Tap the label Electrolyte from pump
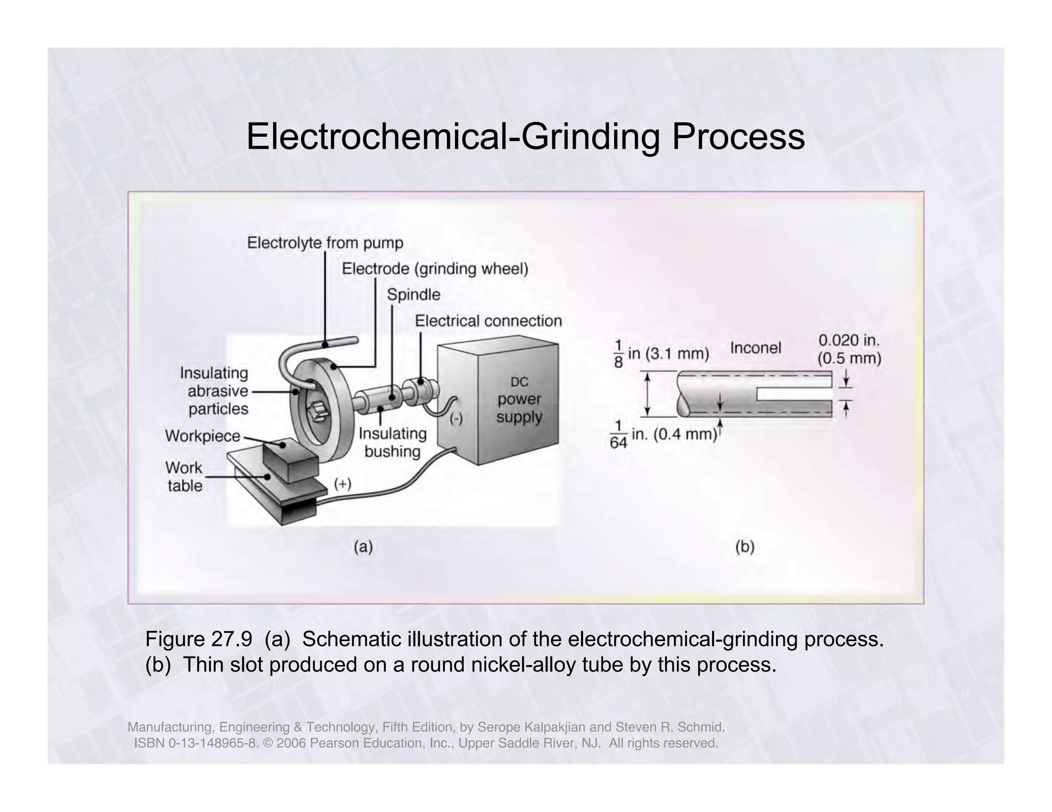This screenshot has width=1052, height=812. click(325, 243)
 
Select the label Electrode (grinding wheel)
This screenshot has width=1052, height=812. click(435, 269)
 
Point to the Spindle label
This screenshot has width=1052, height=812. click(413, 295)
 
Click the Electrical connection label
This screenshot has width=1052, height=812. click(488, 321)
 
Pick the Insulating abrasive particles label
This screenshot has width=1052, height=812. click(216, 391)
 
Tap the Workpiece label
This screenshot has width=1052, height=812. click(202, 436)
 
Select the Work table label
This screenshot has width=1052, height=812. click(184, 476)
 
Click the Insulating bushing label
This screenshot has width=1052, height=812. click(392, 442)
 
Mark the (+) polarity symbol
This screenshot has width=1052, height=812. click(343, 484)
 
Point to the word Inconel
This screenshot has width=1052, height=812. click(755, 348)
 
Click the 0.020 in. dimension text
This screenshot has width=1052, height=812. click(849, 340)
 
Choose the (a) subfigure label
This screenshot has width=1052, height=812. click(363, 547)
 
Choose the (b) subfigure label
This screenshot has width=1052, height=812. click(744, 547)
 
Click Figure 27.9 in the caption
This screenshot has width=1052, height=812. click(198, 640)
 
